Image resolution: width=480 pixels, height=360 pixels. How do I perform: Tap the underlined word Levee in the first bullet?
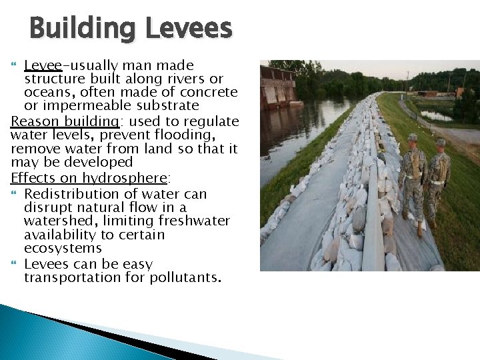pyautogui.click(x=43, y=65)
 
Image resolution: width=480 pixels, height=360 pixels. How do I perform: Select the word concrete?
pyautogui.click(x=206, y=92)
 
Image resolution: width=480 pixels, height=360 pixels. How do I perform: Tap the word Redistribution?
pyautogui.click(x=73, y=194)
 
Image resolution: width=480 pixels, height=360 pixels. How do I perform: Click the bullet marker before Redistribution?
pyautogui.click(x=15, y=194)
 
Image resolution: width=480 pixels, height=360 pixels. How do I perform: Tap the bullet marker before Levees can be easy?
pyautogui.click(x=15, y=264)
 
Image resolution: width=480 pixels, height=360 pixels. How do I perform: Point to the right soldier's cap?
pyautogui.click(x=441, y=142)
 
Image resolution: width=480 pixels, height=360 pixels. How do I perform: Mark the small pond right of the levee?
pyautogui.click(x=437, y=115)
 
